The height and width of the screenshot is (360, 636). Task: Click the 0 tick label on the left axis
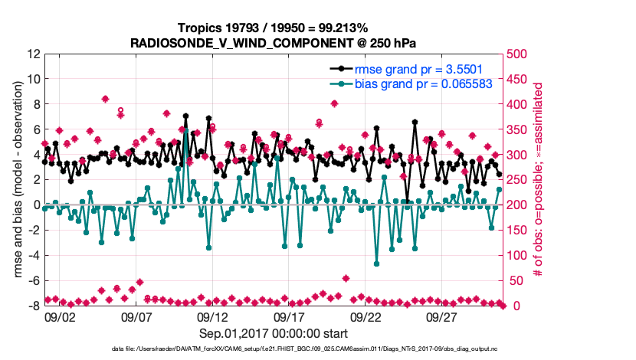point(35,205)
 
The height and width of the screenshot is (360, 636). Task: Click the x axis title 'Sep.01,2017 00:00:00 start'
point(274,333)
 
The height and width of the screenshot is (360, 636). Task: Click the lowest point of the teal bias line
point(377,263)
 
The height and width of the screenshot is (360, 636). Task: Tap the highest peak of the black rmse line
point(185,116)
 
